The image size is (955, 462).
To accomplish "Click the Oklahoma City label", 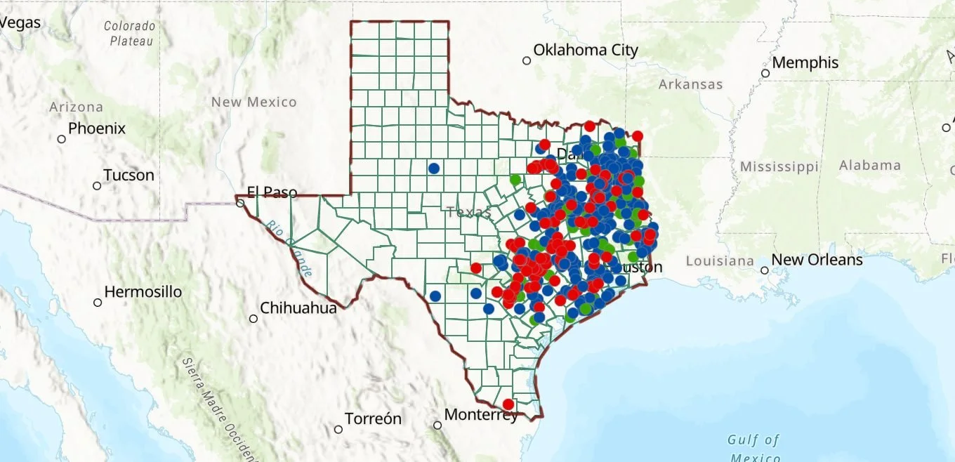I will tap(586, 51).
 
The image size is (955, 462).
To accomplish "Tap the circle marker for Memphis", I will tap(765, 73).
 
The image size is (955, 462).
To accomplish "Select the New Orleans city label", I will tap(817, 260).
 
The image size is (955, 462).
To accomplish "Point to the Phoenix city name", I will tap(97, 129).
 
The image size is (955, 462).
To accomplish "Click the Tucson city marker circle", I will tap(97, 186).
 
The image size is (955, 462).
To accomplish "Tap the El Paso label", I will tap(272, 192).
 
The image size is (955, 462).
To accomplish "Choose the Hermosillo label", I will tap(143, 291).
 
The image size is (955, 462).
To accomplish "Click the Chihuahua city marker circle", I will tap(253, 319).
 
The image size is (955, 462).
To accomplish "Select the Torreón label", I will tap(374, 419).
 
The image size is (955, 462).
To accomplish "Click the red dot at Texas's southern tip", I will tap(508, 404).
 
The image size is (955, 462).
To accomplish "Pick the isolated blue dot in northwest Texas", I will tap(434, 169).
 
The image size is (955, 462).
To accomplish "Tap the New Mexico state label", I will tap(254, 103).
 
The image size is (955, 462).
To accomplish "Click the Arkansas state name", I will tap(690, 85).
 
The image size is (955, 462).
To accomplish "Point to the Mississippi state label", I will tap(779, 167).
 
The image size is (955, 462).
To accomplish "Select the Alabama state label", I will tap(870, 166).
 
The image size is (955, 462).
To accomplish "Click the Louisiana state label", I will tap(720, 261).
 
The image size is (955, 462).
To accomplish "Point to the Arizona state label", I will tap(77, 107).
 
